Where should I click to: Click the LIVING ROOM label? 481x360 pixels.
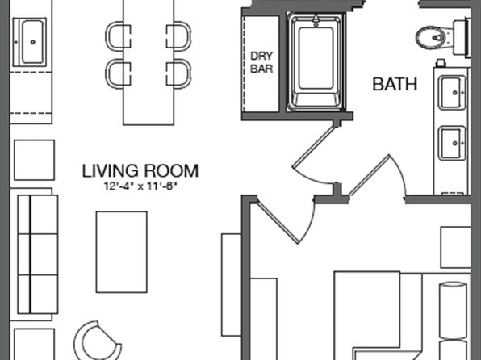[x=140, y=171]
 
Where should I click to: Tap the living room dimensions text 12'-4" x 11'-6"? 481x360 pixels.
[x=140, y=186]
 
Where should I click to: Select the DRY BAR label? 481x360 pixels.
[x=261, y=62]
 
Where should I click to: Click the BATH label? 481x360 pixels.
[x=395, y=84]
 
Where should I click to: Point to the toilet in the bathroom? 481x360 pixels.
[x=441, y=38]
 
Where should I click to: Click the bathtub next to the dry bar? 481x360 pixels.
[x=316, y=61]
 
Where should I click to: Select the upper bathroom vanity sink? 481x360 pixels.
[x=452, y=92]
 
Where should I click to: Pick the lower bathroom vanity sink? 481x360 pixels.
[x=452, y=143]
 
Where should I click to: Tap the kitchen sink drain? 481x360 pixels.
[x=33, y=42]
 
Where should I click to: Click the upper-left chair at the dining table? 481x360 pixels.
[x=118, y=36]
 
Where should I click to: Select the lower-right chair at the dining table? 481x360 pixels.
[x=179, y=74]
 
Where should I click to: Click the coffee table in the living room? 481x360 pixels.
[x=122, y=252]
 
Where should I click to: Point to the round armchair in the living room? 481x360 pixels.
[x=95, y=341]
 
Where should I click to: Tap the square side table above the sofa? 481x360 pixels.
[x=35, y=160]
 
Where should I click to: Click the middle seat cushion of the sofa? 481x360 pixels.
[x=38, y=254]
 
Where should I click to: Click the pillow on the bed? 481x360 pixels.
[x=453, y=311]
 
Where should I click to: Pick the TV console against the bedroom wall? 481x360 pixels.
[x=232, y=285]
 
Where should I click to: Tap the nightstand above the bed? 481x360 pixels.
[x=455, y=247]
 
